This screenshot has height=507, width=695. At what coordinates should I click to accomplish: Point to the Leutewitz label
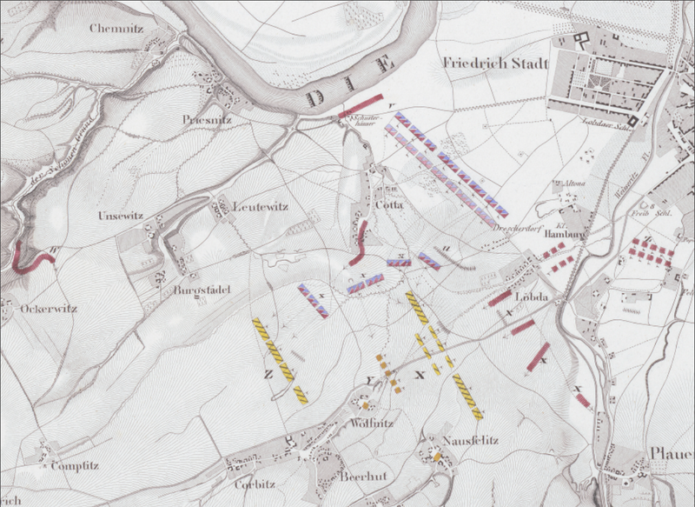(x=260, y=206)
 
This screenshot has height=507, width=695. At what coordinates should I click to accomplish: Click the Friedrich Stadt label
(x=491, y=63)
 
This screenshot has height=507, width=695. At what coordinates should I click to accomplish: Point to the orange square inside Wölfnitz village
(x=366, y=405)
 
